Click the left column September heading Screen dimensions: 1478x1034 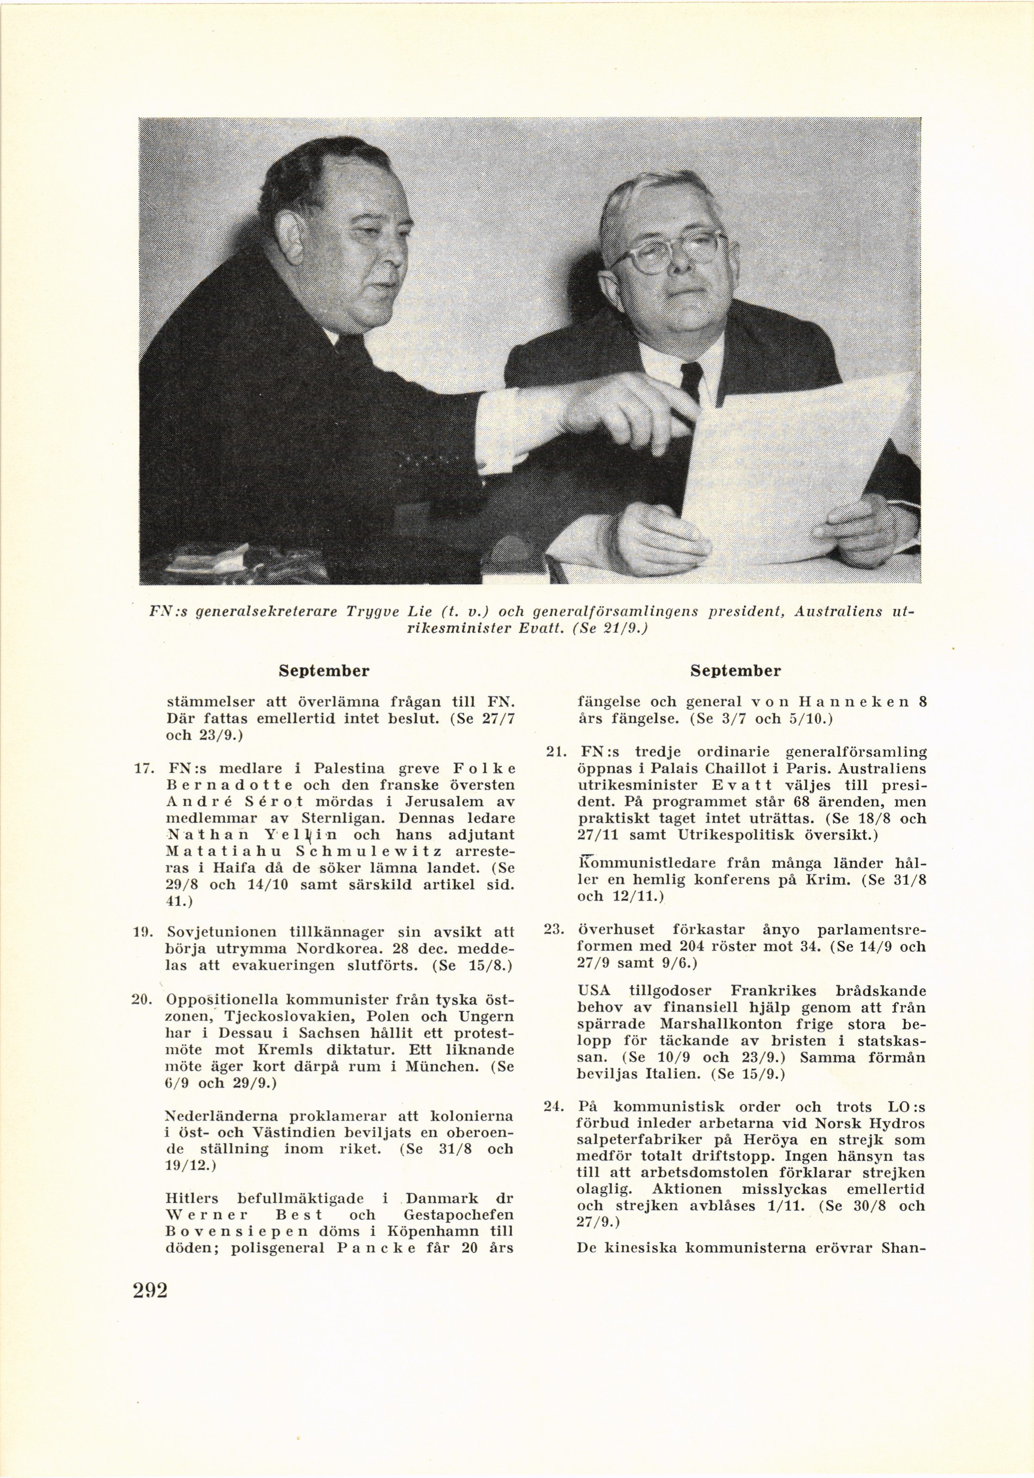(324, 671)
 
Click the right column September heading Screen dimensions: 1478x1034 (735, 671)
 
